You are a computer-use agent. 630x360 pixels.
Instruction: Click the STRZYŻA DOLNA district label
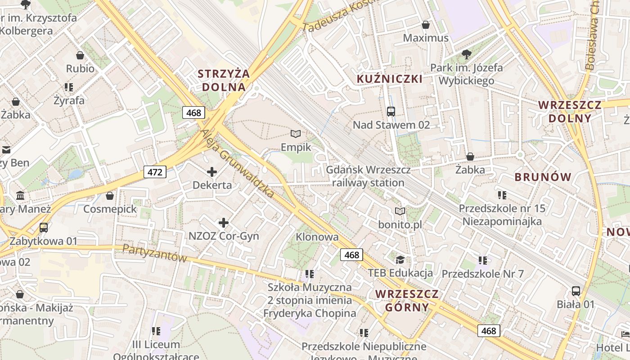tap(224, 80)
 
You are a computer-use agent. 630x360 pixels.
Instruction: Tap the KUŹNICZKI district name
tap(389, 79)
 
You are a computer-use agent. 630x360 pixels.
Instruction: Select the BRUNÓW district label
tap(543, 177)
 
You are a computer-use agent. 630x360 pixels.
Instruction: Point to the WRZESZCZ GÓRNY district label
tap(407, 301)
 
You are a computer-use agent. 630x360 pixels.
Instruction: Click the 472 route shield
tap(155, 171)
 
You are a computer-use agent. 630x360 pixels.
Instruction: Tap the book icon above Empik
tap(296, 134)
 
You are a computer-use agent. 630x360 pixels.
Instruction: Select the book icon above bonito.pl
tap(400, 211)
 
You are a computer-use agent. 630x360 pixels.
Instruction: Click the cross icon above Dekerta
tap(212, 171)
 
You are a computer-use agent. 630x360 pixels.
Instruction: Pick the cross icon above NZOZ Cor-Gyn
tap(223, 222)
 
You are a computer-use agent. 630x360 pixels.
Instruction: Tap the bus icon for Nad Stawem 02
tap(391, 111)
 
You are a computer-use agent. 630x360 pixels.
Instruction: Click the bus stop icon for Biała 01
tap(576, 291)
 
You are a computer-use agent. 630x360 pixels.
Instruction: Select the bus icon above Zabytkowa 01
tap(43, 228)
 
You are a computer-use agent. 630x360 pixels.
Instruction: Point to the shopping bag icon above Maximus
tap(425, 25)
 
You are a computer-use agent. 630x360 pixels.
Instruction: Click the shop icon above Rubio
tap(80, 55)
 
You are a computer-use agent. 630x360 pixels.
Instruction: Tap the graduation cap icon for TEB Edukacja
tap(400, 260)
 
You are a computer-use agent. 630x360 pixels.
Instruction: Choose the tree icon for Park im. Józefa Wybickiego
tap(466, 54)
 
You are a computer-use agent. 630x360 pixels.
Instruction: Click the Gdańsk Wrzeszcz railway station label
tap(368, 176)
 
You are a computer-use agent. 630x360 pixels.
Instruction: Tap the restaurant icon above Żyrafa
tap(68, 87)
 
